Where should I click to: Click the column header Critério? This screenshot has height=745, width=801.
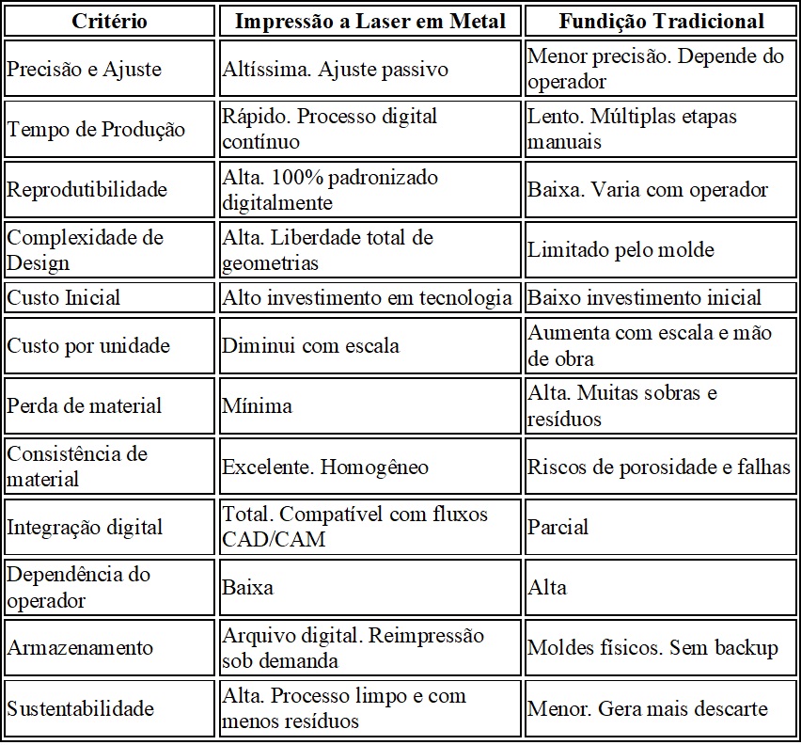[110, 21]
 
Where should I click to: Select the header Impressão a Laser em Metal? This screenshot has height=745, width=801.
[369, 21]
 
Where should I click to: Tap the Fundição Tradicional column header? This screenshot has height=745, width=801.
[661, 21]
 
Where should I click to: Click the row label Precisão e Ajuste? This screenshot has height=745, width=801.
[85, 69]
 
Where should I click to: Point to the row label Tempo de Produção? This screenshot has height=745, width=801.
[96, 129]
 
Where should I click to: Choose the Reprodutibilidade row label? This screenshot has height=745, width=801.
[87, 189]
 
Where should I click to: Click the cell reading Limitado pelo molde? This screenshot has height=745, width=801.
[620, 249]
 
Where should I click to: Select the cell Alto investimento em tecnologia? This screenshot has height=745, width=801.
[368, 297]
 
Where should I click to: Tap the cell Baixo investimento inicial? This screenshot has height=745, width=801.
[644, 297]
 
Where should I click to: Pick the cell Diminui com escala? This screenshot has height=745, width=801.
[310, 345]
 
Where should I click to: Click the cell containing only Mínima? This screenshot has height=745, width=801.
[257, 405]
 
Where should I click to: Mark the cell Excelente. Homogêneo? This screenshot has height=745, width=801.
[325, 467]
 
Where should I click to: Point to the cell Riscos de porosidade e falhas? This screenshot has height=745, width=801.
[659, 467]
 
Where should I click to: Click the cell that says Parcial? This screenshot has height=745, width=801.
[558, 527]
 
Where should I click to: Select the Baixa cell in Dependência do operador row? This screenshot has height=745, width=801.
[247, 587]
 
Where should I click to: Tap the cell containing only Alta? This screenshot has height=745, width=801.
[547, 587]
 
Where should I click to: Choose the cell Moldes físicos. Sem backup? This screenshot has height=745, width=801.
[652, 647]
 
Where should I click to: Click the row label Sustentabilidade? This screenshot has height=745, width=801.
[80, 708]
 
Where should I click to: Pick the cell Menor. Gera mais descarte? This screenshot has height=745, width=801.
[648, 708]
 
